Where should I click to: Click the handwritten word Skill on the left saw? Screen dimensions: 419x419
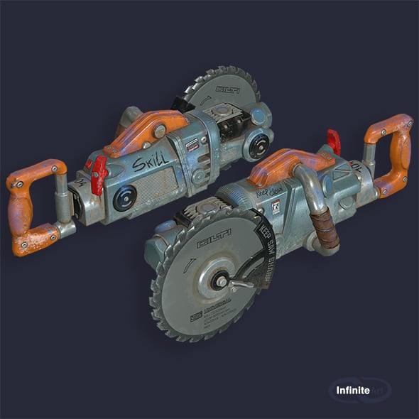pyautogui.click(x=151, y=163)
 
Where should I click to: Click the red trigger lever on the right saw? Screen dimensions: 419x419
pyautogui.click(x=334, y=141)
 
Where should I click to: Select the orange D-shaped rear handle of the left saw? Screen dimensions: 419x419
pyautogui.click(x=32, y=206)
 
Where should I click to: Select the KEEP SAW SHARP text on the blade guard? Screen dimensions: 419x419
pyautogui.click(x=264, y=252)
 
